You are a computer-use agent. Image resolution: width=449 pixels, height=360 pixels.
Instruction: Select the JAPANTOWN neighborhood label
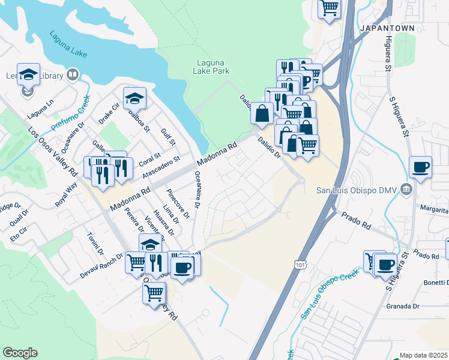tap(383, 28)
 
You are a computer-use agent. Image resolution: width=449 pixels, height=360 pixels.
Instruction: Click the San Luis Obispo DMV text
tap(358, 190)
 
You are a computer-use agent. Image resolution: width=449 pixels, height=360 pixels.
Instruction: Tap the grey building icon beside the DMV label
tap(407, 190)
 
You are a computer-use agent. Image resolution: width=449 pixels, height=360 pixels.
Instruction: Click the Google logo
tap(20, 353)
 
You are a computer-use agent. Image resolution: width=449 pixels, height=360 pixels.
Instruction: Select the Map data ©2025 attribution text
tap(423, 355)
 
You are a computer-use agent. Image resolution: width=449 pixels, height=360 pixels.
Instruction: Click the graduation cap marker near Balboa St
tap(135, 97)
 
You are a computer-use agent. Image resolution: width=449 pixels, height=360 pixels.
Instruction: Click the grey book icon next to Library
tap(73, 74)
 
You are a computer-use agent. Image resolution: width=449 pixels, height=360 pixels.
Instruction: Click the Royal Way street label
tap(66, 196)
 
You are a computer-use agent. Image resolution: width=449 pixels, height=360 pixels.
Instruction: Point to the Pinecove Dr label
tap(178, 203)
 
